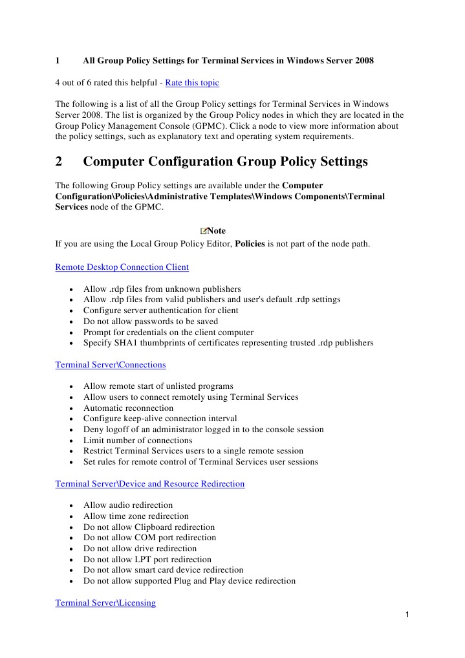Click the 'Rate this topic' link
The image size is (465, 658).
click(192, 83)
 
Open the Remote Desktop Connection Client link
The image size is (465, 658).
click(122, 267)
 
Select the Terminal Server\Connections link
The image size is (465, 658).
click(111, 364)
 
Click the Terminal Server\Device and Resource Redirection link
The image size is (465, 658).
click(150, 483)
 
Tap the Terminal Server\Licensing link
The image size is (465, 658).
click(105, 602)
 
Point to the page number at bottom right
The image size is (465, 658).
click(407, 615)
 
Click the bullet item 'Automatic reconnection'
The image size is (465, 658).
click(128, 408)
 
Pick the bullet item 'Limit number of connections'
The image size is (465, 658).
click(138, 441)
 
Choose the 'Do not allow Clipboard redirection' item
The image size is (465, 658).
click(149, 527)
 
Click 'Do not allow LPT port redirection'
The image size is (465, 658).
click(147, 559)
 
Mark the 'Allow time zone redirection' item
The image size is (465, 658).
click(136, 516)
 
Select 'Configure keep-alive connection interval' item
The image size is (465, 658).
click(160, 419)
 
